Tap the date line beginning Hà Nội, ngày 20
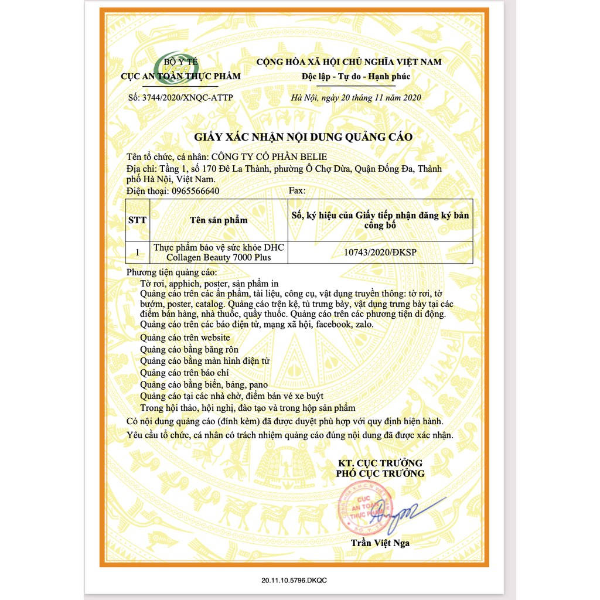click(356, 97)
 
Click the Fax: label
click(298, 191)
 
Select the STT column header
click(137, 220)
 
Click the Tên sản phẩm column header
click(219, 220)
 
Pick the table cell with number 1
click(137, 253)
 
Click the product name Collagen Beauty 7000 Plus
click(219, 258)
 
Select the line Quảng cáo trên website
click(185, 337)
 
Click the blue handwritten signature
click(404, 510)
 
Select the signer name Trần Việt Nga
click(380, 543)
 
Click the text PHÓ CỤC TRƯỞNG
click(380, 473)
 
